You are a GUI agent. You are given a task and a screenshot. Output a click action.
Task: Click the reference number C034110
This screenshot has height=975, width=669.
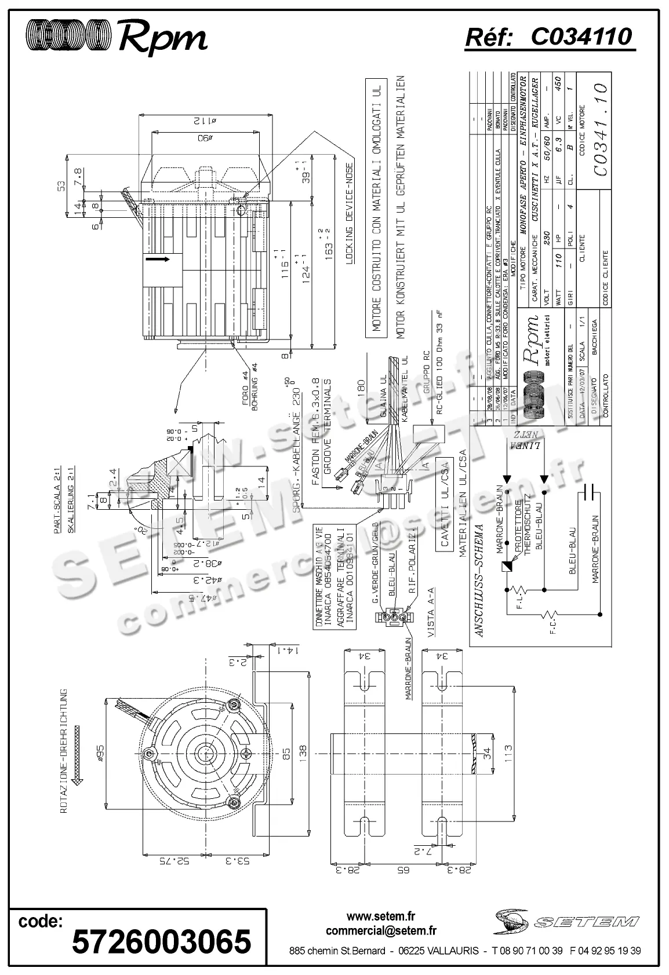(550, 37)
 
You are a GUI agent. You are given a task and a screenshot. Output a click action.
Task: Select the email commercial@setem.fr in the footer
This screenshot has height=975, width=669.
(381, 931)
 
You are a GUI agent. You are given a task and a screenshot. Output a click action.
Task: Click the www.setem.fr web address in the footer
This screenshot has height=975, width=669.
(381, 916)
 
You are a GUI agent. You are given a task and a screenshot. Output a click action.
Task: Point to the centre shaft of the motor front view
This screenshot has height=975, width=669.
(204, 753)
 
